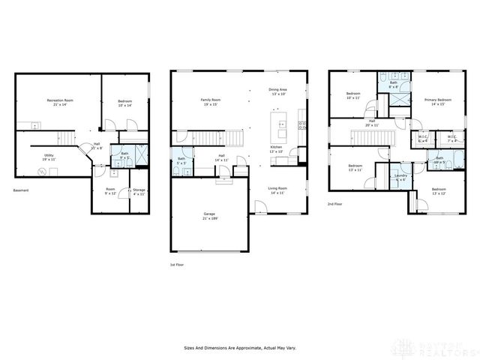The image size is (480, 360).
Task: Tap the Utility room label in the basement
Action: [x=48, y=157]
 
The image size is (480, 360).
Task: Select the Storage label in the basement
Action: [x=139, y=191]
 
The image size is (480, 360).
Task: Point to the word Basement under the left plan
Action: [x=21, y=190]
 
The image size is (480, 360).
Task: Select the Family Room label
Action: [x=210, y=101]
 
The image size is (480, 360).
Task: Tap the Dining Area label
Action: [x=278, y=92]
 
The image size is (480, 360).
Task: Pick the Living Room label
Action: [x=277, y=191]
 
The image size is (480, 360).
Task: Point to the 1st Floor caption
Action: [x=176, y=265]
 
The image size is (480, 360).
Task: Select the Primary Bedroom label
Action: [x=437, y=101]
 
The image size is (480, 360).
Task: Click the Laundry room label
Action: [x=400, y=178]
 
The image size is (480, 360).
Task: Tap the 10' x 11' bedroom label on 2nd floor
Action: [x=353, y=96]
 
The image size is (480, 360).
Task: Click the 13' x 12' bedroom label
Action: [x=438, y=191]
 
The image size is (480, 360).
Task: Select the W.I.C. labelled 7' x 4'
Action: [x=452, y=139]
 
